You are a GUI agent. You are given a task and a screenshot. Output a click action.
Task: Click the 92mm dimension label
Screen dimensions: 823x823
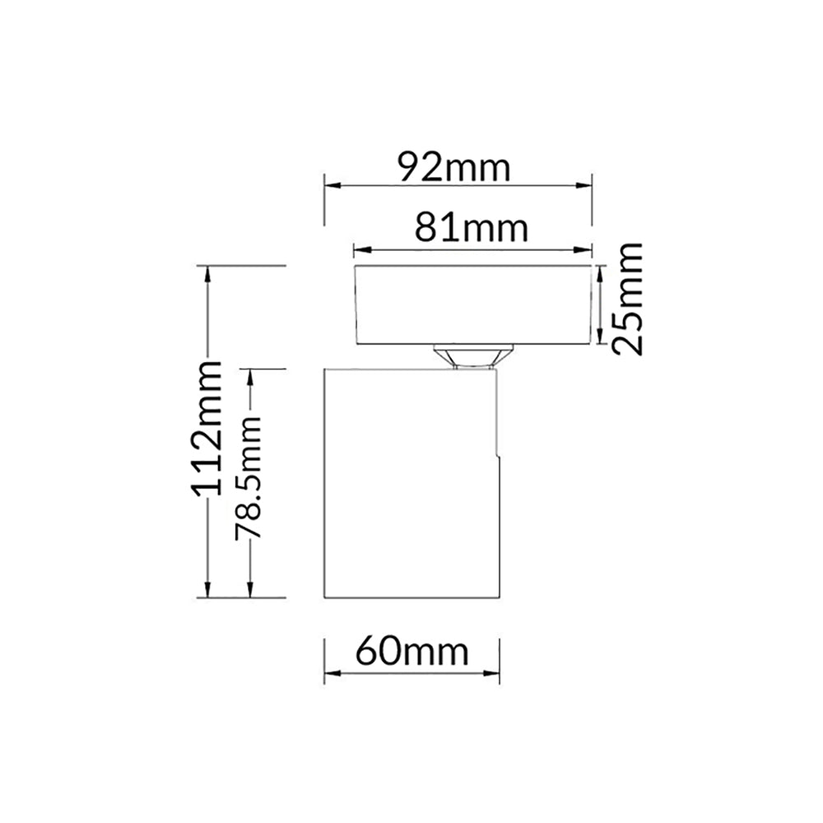pyautogui.click(x=454, y=168)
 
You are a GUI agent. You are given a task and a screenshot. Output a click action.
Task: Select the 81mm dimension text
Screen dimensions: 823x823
pyautogui.click(x=471, y=228)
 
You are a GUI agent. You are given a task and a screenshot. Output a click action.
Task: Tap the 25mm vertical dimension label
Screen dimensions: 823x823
pyautogui.click(x=628, y=297)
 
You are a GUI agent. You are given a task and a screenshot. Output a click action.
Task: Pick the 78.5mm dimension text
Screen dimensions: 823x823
pyautogui.click(x=248, y=478)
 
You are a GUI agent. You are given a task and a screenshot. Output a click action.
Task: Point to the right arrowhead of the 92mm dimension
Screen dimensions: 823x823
pyautogui.click(x=587, y=185)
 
